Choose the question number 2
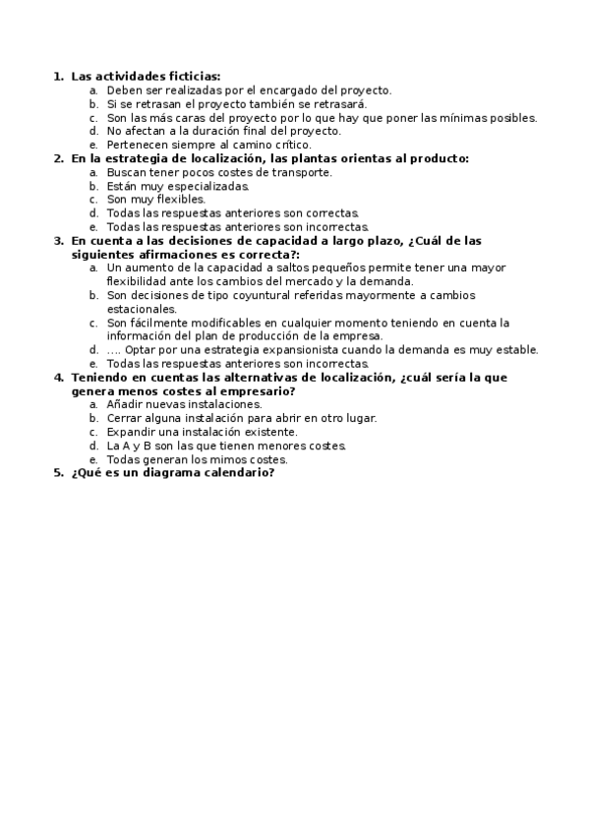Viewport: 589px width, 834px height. click(57, 158)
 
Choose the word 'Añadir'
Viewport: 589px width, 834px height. click(124, 404)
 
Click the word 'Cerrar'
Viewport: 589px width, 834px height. click(123, 418)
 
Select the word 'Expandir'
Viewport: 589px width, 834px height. click(129, 431)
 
